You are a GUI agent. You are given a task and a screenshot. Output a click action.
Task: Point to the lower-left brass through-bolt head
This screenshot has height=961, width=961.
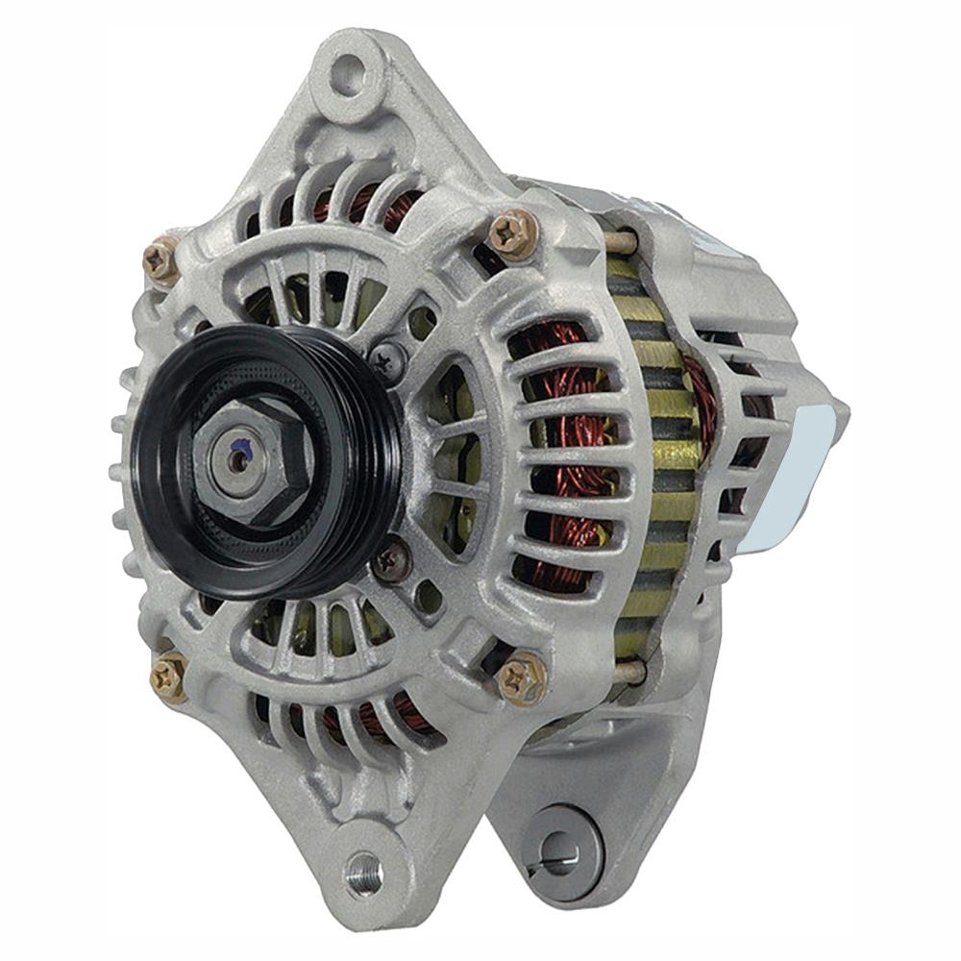point(168,676)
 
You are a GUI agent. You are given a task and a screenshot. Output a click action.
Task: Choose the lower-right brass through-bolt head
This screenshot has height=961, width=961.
point(522,678)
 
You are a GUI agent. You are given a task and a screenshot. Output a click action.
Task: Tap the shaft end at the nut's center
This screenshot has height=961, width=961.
point(235,460)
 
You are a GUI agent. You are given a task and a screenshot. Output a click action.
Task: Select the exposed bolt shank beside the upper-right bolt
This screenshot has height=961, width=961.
point(620,241)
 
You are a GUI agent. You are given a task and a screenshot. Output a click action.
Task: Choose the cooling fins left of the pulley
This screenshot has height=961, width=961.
point(120,461)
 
